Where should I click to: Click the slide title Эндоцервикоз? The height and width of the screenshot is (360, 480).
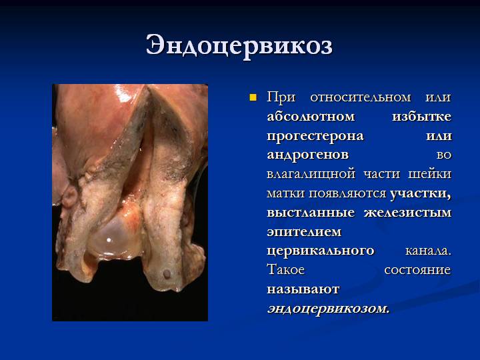(239, 45)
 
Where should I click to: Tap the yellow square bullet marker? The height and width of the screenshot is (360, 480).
(253, 98)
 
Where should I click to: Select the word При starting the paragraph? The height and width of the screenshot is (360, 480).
(281, 97)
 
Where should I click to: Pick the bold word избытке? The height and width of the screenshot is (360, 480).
(421, 117)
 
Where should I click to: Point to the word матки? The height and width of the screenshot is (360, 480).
(285, 193)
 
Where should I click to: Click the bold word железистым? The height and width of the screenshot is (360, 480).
(407, 213)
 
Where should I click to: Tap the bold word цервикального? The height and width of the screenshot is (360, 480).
(320, 251)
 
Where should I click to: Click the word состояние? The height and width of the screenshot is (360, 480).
(417, 271)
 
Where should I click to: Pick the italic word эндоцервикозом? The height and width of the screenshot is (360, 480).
(328, 309)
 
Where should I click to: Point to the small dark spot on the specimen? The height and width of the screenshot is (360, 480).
(165, 275)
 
